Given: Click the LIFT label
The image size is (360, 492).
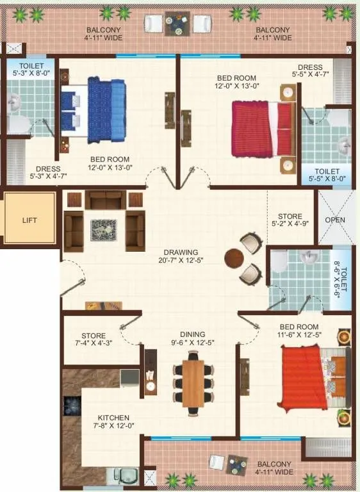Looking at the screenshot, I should point(29,220).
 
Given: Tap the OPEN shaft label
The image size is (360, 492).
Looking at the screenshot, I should point(335,220).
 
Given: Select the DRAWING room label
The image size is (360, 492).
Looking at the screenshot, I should point(180,252).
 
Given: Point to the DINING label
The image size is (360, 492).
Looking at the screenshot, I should point(192,334).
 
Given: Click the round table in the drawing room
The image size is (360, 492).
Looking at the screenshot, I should point(233,258).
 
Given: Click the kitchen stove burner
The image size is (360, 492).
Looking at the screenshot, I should point(70,405).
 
